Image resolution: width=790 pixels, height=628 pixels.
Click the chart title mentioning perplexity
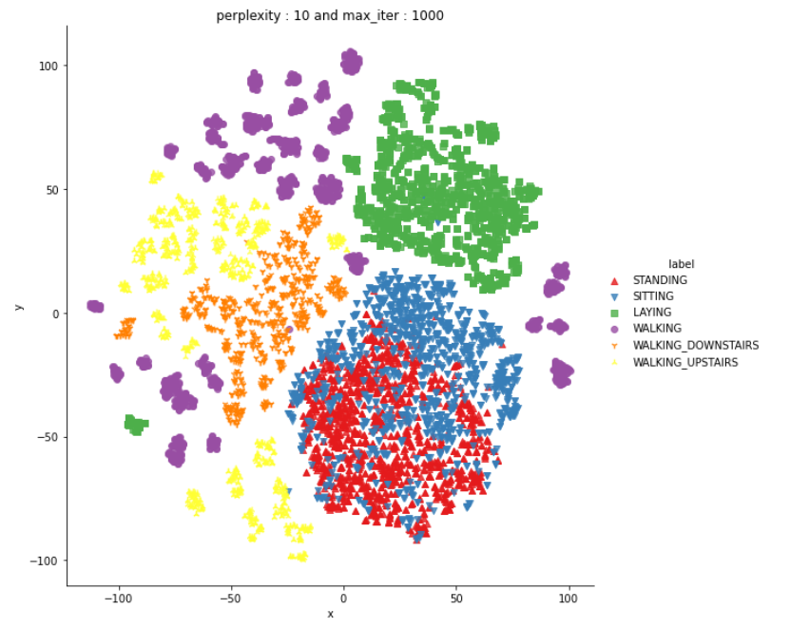pos(329,15)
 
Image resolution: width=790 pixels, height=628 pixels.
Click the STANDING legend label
pos(659,280)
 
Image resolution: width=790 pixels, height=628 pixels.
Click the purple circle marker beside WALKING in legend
pos(613,329)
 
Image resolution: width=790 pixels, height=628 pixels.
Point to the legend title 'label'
pos(680,263)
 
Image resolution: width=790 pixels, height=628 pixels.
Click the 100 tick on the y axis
pos(48,66)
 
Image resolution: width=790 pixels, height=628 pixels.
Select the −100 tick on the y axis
pos(44,561)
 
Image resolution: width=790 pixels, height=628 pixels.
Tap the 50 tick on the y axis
pos(50,189)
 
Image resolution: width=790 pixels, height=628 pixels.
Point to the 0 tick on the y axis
pos(54,314)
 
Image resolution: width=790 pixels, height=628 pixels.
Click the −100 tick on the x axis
pos(118,599)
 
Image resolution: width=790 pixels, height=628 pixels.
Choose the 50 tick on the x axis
pos(455,599)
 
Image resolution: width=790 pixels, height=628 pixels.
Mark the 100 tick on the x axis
pos(568,599)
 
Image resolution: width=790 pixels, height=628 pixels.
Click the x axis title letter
pos(330,615)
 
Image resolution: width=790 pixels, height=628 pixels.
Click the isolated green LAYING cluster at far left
pos(136,425)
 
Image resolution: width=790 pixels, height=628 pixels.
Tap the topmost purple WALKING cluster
pos(352,63)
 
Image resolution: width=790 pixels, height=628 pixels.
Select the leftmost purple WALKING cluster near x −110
pos(95,306)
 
